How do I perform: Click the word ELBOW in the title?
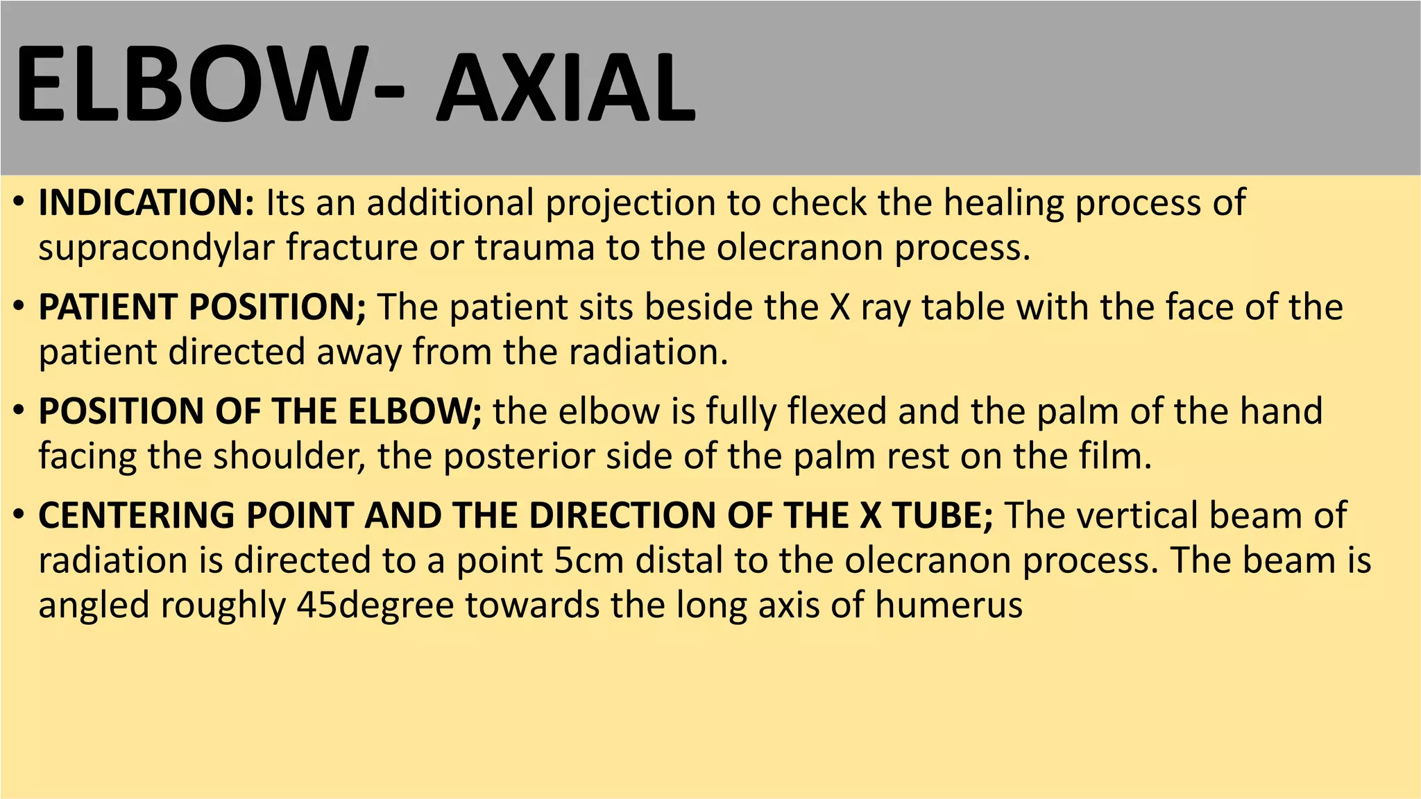pyautogui.click(x=187, y=85)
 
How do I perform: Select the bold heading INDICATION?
pyautogui.click(x=146, y=203)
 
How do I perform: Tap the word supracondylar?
pyautogui.click(x=155, y=248)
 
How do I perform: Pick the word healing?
pyautogui.click(x=1003, y=204)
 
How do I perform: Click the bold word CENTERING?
pyautogui.click(x=137, y=516)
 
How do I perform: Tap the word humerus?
pyautogui.click(x=948, y=605)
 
